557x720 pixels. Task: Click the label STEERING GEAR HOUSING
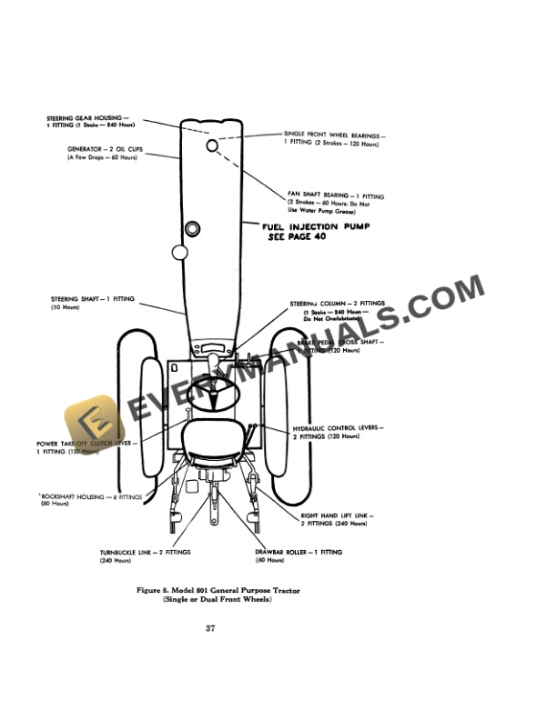click(87, 118)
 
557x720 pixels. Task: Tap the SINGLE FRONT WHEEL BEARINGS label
click(334, 135)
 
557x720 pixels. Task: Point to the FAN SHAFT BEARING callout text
click(336, 195)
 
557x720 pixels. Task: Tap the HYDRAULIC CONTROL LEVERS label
click(337, 428)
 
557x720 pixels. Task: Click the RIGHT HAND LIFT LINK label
click(337, 515)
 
